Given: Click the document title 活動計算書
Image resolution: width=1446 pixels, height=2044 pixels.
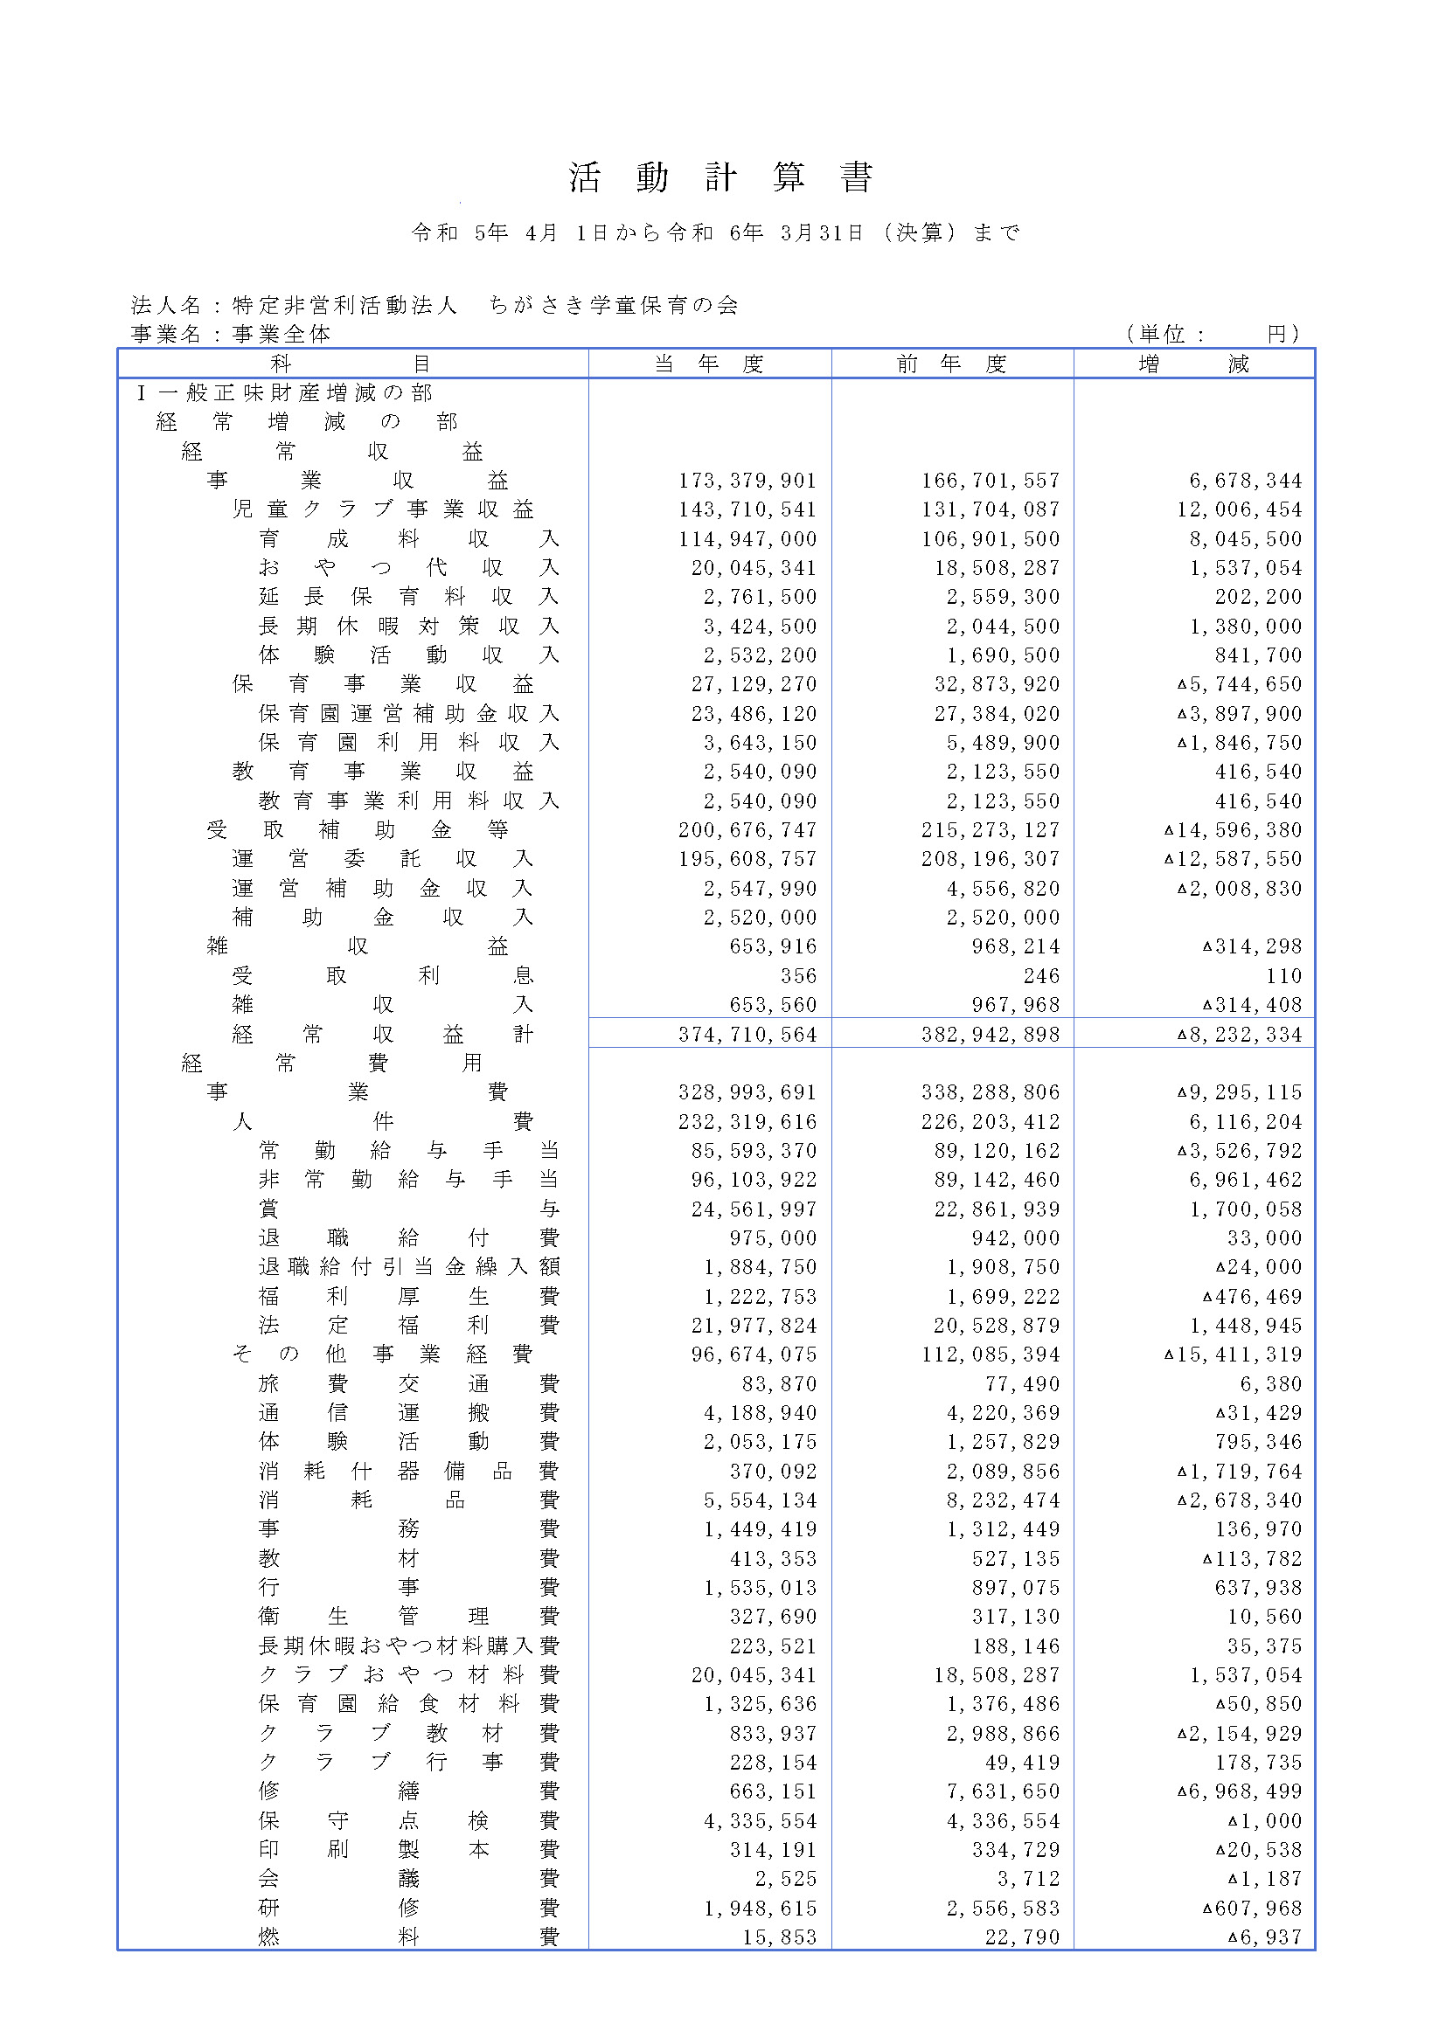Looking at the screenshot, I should (721, 177).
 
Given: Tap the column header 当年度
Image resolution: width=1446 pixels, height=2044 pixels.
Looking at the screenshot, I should (709, 364).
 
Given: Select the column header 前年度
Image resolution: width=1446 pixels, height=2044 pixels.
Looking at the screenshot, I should (952, 364).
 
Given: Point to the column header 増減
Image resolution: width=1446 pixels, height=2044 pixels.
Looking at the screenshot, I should (1193, 364).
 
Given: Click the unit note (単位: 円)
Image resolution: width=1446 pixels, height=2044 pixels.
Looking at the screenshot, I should (1212, 334).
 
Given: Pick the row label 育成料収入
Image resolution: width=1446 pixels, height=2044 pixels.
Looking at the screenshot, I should (408, 538).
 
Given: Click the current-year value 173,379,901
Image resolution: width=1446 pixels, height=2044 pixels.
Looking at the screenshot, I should (747, 481).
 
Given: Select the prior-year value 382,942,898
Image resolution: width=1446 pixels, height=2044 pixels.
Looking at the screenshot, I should (991, 1035).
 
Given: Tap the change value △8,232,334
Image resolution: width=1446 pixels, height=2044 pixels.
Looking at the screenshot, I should (1240, 1035).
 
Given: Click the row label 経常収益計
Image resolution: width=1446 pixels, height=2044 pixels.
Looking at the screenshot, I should (382, 1035).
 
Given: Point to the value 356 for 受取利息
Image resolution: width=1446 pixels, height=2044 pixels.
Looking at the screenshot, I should (799, 976).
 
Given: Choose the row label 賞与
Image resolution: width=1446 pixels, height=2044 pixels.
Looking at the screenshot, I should (408, 1209).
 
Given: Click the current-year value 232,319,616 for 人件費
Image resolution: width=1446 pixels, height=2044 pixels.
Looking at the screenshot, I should (747, 1122).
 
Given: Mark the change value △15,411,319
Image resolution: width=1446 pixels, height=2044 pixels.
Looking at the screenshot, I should (1234, 1354).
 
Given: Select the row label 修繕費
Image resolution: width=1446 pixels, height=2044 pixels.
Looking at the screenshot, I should (408, 1791).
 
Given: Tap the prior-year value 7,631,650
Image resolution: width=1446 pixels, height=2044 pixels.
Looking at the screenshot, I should (1003, 1791).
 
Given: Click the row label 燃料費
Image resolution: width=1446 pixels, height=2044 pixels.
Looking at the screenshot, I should (408, 1937).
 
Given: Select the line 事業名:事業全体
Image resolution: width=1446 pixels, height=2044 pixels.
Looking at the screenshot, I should (231, 334).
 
